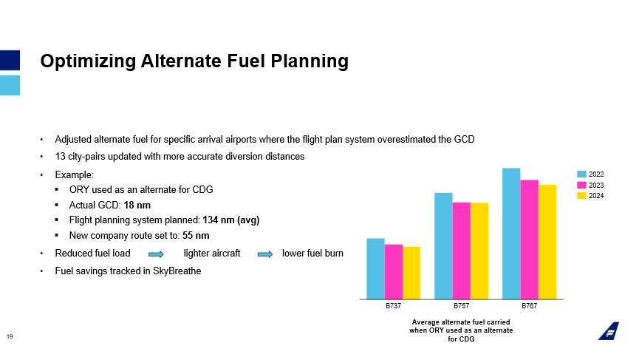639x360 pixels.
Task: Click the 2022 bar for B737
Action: click(x=375, y=268)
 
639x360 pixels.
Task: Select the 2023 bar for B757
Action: click(x=461, y=251)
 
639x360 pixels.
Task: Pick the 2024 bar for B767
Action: click(x=547, y=242)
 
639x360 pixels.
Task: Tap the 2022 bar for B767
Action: click(x=511, y=234)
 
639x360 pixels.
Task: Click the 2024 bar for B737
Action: click(x=411, y=273)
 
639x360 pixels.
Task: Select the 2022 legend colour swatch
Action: click(x=581, y=174)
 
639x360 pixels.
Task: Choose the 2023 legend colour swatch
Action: click(x=581, y=185)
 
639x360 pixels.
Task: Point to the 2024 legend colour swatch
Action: click(x=581, y=196)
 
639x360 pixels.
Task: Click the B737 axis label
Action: click(x=393, y=305)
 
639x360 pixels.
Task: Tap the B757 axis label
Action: click(x=461, y=305)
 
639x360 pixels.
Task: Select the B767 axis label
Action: click(x=529, y=305)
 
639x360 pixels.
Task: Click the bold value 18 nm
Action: click(x=137, y=205)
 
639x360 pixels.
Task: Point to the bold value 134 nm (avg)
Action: click(x=229, y=220)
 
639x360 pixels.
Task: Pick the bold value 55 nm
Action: click(x=196, y=236)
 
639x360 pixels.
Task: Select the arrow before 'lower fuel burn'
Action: click(x=264, y=254)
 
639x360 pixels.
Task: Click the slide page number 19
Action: click(x=10, y=337)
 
